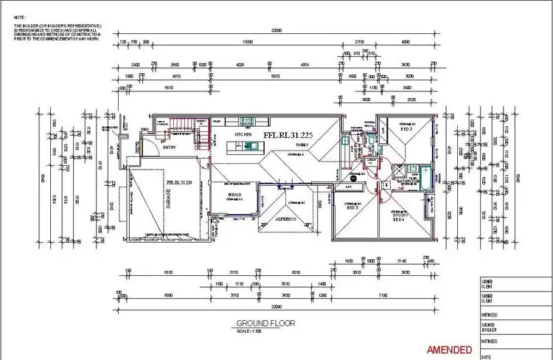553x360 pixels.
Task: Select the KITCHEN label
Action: coord(243,136)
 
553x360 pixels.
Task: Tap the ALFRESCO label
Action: coord(286,221)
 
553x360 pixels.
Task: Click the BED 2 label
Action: coord(405,129)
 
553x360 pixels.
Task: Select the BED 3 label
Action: coord(352,208)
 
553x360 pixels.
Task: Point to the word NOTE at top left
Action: coord(21,15)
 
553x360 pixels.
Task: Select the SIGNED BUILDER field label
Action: coord(487,326)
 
